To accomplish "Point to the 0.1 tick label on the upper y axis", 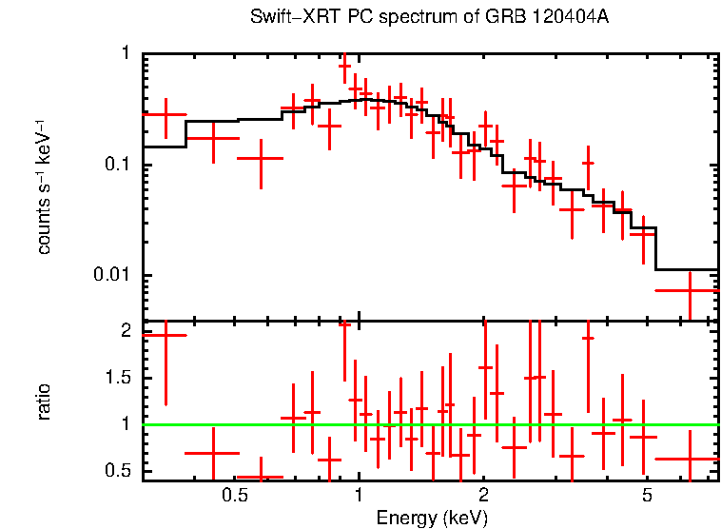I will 117,165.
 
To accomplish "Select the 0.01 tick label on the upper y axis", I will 113,276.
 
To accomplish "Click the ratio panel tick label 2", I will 126,332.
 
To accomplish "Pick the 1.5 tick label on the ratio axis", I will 118,378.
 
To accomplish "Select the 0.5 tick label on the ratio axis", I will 118,471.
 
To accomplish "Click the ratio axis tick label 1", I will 126,424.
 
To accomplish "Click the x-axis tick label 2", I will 483,496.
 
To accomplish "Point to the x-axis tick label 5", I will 646,496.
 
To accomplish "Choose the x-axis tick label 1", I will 359,496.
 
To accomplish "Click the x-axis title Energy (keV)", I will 432,519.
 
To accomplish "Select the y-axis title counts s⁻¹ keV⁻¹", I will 44,186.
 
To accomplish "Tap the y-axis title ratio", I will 44,402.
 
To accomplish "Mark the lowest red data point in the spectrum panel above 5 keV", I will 689,290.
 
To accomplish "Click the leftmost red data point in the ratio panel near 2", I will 165,335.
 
